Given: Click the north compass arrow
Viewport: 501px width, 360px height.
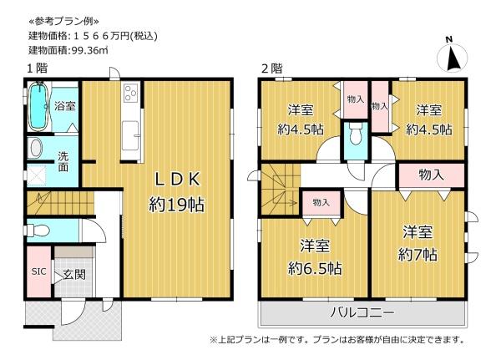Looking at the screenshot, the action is (453, 58).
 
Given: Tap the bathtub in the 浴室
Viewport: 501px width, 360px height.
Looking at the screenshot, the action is (38, 106).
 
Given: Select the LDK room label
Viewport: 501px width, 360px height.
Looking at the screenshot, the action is (178, 179).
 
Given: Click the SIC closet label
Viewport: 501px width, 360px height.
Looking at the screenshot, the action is (38, 271).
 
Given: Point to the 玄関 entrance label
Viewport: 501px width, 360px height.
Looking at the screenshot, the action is (74, 274).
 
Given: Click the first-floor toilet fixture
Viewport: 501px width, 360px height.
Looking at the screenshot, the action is (38, 230).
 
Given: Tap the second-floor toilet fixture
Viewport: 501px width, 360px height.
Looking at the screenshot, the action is (356, 134).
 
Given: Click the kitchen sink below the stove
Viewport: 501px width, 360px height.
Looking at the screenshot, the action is (131, 135).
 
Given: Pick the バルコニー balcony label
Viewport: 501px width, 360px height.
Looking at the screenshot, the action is (362, 312).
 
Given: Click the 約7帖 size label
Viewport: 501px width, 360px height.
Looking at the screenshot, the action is (417, 255).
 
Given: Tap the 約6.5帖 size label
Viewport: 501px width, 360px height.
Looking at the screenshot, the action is (315, 268).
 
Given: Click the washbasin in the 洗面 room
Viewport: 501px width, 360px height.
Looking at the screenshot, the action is (34, 148).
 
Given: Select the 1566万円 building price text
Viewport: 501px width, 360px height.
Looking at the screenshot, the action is (116, 36).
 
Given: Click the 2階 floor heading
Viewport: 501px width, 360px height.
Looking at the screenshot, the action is (272, 68).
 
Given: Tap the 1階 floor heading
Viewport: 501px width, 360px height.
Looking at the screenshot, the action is (37, 68).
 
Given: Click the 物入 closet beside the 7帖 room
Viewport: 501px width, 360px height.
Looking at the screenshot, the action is (431, 175).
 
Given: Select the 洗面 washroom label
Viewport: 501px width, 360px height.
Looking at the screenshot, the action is (63, 162).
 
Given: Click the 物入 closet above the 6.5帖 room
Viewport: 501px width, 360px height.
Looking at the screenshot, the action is (321, 203).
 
